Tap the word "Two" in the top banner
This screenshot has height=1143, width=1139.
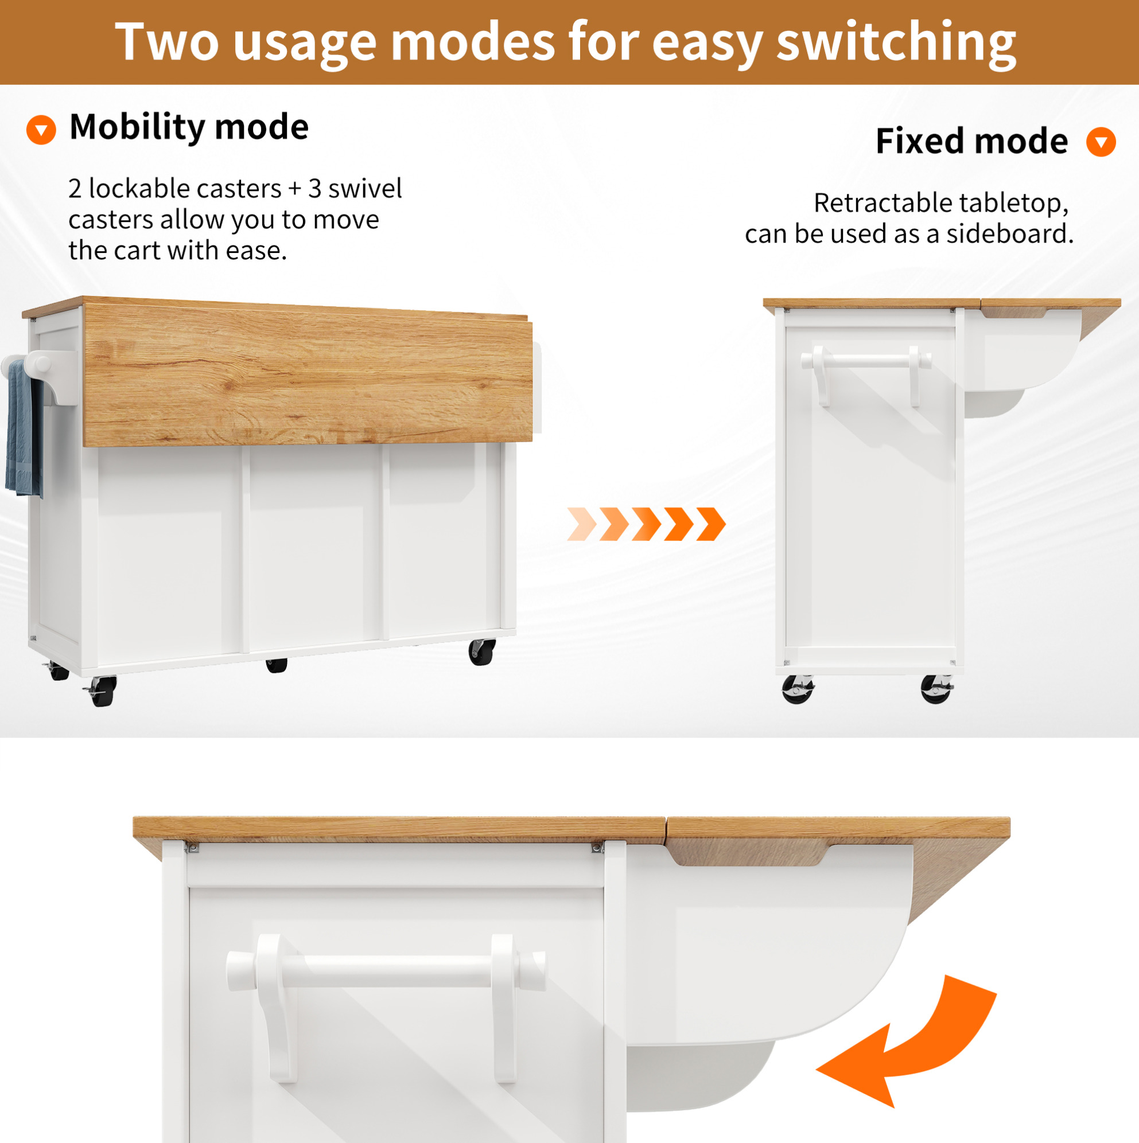167,41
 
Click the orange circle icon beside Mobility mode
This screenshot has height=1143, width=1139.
41,130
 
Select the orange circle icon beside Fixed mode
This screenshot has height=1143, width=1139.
1101,142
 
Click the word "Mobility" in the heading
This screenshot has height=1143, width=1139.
137,127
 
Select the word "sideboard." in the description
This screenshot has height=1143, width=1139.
1010,233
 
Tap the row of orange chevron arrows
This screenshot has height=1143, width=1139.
646,524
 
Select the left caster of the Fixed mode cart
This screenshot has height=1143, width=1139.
798,689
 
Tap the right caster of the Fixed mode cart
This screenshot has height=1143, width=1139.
937,689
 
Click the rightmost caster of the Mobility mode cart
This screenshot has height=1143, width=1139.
482,652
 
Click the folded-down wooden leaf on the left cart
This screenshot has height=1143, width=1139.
308,376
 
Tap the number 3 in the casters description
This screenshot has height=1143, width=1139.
315,189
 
